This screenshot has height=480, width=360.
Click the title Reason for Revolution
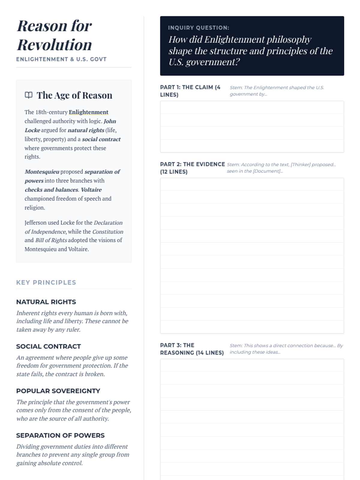click(54, 35)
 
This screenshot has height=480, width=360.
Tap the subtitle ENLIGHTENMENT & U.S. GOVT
click(61, 59)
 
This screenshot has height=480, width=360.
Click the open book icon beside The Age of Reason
click(28, 95)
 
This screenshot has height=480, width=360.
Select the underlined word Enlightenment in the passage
click(88, 112)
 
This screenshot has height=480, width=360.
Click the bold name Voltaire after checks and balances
click(91, 190)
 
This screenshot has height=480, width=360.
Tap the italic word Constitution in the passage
click(108, 232)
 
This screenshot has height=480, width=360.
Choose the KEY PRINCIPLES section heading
click(46, 282)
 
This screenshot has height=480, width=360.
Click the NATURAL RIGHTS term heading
click(46, 302)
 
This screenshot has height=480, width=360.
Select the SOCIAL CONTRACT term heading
click(48, 346)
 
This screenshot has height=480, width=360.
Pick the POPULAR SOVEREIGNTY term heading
click(58, 391)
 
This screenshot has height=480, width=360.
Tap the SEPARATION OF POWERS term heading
click(60, 435)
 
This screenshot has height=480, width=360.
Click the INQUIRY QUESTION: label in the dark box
click(198, 28)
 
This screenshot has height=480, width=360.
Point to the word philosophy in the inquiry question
click(289, 39)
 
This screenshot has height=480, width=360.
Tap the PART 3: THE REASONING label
click(192, 349)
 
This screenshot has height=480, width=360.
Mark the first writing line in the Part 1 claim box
click(252, 107)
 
